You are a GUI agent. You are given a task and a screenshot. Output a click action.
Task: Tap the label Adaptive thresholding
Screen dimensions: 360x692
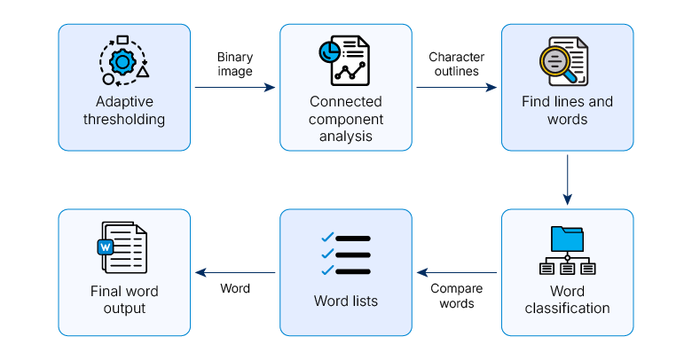pos(124,110)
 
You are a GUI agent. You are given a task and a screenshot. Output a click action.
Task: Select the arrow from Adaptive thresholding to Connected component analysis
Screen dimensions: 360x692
pos(235,88)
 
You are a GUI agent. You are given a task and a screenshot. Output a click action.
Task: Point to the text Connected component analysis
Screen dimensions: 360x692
pos(346,119)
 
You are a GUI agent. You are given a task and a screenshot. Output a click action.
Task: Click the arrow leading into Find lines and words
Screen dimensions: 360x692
pos(457,88)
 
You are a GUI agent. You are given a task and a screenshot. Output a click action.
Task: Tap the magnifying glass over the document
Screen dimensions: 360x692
pos(557,60)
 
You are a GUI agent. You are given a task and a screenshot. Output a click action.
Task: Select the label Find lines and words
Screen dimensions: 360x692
pos(567,110)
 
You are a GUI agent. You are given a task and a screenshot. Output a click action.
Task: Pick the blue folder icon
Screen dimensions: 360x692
pos(567,239)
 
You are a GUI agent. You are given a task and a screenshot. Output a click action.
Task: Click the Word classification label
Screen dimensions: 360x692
pos(567,300)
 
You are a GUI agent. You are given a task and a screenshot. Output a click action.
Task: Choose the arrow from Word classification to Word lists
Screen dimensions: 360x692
pos(457,272)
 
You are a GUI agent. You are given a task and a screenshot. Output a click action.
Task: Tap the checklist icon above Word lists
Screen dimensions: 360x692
pos(345,254)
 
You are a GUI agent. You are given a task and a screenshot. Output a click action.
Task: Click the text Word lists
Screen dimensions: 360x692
pos(346,301)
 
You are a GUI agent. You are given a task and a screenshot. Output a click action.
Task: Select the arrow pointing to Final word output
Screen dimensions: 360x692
pos(235,272)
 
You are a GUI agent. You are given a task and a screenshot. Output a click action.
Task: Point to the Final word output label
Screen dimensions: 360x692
pos(124,300)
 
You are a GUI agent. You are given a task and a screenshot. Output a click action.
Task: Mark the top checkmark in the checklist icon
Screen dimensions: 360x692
pos(327,237)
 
